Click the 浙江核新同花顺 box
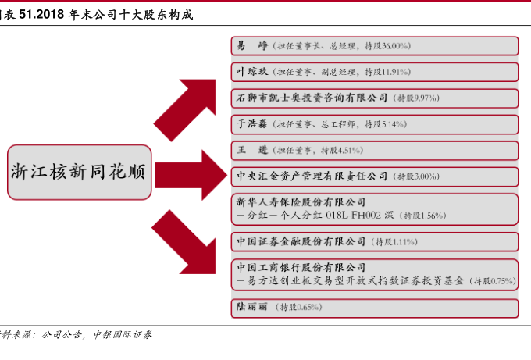(x=79, y=171)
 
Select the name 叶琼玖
(x=252, y=72)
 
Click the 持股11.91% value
(x=387, y=72)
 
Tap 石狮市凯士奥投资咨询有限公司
(x=312, y=98)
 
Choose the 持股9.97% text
(x=418, y=98)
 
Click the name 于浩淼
(x=252, y=123)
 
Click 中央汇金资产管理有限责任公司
(x=312, y=176)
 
